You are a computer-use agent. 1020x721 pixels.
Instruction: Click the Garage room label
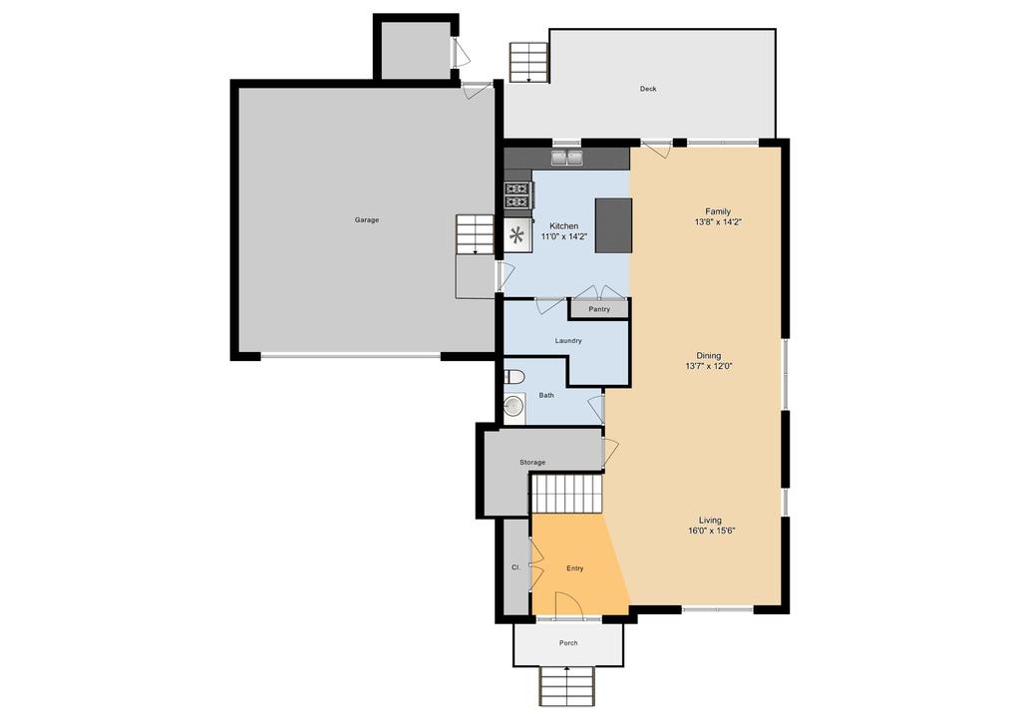pyautogui.click(x=366, y=220)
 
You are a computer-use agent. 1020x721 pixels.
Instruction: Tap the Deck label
pyautogui.click(x=648, y=89)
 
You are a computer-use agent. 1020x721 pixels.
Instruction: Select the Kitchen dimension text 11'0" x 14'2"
pyautogui.click(x=564, y=237)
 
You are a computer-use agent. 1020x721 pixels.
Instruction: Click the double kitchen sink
pyautogui.click(x=567, y=158)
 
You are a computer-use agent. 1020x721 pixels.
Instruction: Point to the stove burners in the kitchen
pyautogui.click(x=517, y=195)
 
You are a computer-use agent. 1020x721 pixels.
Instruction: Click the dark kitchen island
pyautogui.click(x=613, y=225)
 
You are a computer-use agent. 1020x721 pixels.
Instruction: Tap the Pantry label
pyautogui.click(x=599, y=309)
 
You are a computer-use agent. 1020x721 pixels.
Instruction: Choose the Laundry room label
pyautogui.click(x=568, y=340)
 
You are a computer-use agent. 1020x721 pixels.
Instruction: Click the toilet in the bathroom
pyautogui.click(x=514, y=377)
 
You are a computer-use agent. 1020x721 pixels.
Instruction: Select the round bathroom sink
pyautogui.click(x=513, y=406)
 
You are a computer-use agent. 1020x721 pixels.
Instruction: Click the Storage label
pyautogui.click(x=532, y=462)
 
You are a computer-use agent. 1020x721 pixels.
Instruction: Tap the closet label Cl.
pyautogui.click(x=515, y=567)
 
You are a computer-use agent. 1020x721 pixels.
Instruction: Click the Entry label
pyautogui.click(x=574, y=568)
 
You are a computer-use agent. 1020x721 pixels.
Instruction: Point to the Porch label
pyautogui.click(x=568, y=643)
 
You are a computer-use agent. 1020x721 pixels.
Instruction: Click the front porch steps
pyautogui.click(x=567, y=686)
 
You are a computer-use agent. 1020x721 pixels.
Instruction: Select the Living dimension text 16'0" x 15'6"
pyautogui.click(x=711, y=531)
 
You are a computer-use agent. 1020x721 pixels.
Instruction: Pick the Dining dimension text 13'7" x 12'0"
pyautogui.click(x=708, y=366)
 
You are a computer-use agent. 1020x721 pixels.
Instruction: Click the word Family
pyautogui.click(x=718, y=211)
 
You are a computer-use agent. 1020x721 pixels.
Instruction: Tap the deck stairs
pyautogui.click(x=528, y=63)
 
